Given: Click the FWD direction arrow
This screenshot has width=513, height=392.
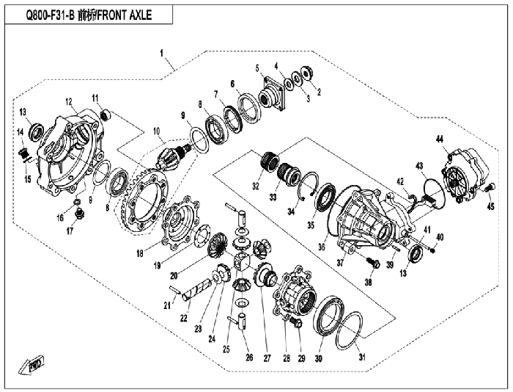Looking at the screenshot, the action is point(31,365).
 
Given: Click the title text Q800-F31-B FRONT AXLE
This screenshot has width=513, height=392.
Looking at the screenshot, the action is point(89,15).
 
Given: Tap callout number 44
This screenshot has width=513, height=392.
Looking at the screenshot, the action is point(439,139).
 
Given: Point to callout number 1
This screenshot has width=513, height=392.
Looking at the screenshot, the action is point(162,53).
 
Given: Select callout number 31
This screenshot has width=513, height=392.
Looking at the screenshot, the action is point(362,357).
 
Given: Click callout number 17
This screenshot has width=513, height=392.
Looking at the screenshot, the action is point(70,231).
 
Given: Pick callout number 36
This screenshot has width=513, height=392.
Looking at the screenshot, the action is point(322,247).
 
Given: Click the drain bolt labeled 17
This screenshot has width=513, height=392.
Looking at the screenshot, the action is point(79,214).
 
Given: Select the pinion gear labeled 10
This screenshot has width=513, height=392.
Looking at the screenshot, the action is point(174,156).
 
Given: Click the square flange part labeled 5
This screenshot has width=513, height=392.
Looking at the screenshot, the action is point(273,93).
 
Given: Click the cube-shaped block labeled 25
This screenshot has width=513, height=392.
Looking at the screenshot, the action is point(241,261).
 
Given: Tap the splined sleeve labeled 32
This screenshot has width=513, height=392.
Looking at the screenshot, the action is point(270,161).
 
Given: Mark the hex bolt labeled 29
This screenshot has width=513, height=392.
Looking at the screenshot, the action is point(296,322).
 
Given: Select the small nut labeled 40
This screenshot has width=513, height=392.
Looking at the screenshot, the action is point(432,251).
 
